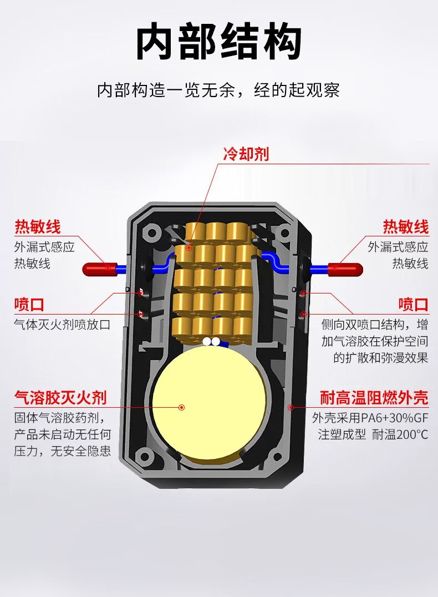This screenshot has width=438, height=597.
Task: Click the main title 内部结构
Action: point(219,43)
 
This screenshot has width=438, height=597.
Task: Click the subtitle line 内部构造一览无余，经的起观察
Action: point(218,90)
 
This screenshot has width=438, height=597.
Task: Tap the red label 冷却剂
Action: point(246,154)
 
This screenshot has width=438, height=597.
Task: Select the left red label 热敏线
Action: point(37,227)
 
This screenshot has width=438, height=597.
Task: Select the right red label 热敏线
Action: point(405,227)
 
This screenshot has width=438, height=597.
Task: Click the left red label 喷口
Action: point(29,305)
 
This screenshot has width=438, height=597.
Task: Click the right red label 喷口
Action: point(413,305)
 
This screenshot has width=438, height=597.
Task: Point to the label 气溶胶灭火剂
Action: point(60,397)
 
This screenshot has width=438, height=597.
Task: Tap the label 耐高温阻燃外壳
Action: point(374,397)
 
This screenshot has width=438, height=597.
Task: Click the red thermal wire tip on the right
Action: point(346,269)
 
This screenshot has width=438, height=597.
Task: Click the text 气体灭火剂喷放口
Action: point(62,324)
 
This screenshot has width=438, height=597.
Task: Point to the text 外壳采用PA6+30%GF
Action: point(370,417)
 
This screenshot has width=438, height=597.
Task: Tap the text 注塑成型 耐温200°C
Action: point(373,434)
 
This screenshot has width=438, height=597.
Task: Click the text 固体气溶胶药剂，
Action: point(59,417)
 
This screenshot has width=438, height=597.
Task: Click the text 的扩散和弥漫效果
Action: point(380,358)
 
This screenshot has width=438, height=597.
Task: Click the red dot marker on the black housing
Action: point(290,407)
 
